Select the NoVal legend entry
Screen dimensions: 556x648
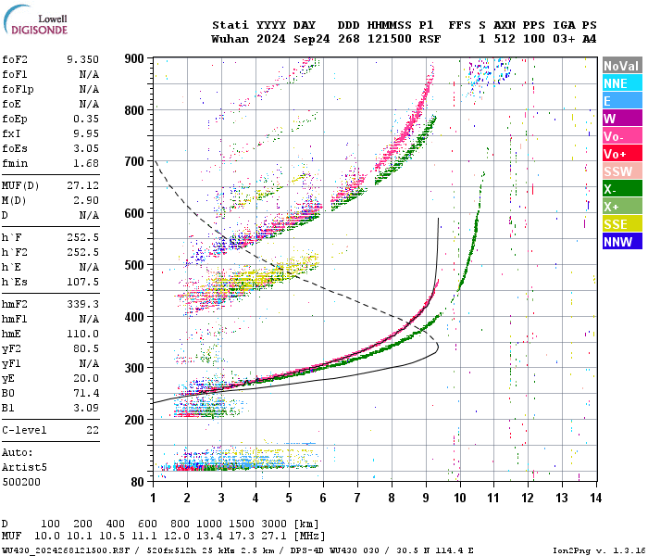(622, 66)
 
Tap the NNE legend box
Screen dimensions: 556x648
(622, 83)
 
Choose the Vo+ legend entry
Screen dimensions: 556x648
(622, 154)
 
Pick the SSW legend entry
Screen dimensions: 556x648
(622, 171)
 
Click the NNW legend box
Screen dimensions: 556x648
(622, 242)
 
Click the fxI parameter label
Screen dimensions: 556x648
(12, 133)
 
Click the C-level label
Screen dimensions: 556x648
(24, 430)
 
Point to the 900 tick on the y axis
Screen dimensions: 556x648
(135, 58)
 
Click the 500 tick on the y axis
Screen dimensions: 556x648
(135, 266)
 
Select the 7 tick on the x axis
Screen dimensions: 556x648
(357, 498)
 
